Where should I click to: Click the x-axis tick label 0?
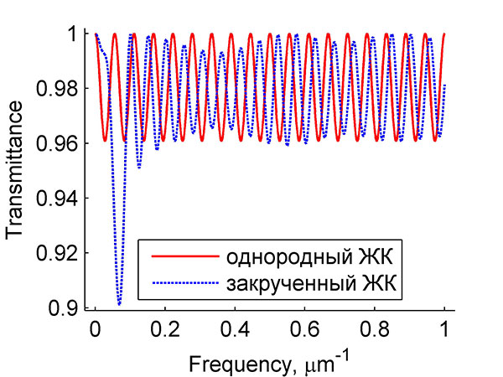(x=96, y=329)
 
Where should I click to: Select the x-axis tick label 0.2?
(x=165, y=329)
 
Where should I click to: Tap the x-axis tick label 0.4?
(x=235, y=329)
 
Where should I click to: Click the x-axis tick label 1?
(x=444, y=329)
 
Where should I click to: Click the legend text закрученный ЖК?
(x=310, y=283)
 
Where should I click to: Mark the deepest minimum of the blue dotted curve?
(x=119, y=303)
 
